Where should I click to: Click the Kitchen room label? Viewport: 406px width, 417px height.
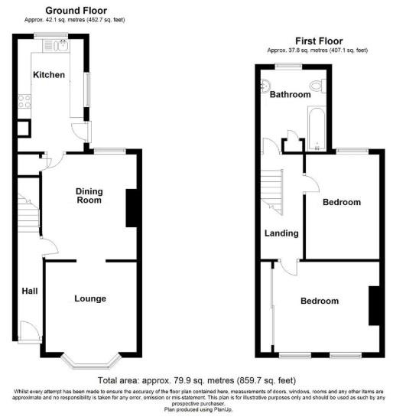pos(48,75)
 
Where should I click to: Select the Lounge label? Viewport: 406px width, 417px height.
pos(90,298)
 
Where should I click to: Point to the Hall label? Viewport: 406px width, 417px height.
pos(29,291)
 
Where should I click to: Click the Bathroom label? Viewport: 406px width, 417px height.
pos(290,95)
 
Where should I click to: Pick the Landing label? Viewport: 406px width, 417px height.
pos(281,234)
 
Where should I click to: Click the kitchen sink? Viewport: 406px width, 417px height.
pos(60,44)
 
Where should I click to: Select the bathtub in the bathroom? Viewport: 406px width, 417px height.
pos(316,125)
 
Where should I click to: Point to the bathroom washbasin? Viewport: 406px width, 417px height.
pos(266,83)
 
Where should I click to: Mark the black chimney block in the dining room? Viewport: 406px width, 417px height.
pos(131,207)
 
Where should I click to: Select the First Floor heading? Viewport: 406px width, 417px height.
pos(318,41)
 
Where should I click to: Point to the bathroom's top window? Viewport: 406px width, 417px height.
pos(287,67)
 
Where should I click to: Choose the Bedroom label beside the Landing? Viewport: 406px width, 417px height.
pos(341,202)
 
